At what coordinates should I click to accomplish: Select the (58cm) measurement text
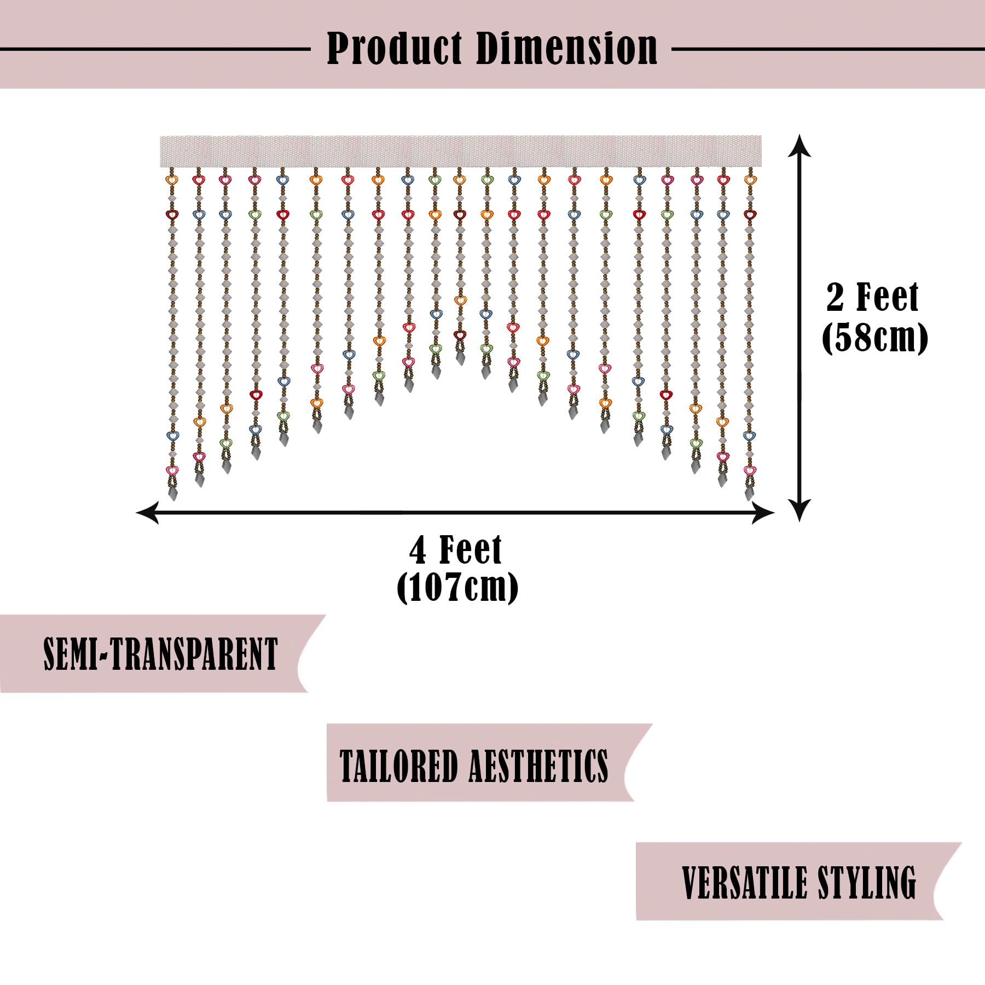874,338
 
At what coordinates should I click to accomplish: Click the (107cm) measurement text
457,588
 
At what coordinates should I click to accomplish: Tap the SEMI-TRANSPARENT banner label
161,654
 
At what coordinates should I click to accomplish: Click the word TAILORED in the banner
399,766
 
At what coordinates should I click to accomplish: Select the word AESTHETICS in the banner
539,766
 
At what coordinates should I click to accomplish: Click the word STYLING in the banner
867,883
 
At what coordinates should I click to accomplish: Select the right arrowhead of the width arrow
763,513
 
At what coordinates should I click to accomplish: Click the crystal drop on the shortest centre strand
460,357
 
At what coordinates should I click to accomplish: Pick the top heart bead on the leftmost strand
172,179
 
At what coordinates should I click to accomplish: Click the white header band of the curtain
461,151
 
